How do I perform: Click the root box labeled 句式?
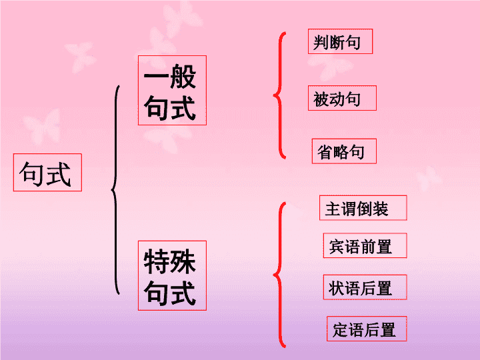(x=47, y=173)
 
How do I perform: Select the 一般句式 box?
(x=173, y=90)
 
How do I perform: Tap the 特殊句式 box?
(x=173, y=275)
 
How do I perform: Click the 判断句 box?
(x=340, y=41)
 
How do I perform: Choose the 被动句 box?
(x=342, y=98)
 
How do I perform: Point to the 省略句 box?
(x=344, y=151)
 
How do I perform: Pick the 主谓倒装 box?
(x=363, y=208)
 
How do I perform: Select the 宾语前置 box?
(x=365, y=245)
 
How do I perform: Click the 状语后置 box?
(x=365, y=287)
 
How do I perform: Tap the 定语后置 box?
(x=367, y=329)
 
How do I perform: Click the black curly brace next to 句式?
(x=115, y=190)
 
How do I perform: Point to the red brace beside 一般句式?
(x=279, y=95)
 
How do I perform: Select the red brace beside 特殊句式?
(x=279, y=275)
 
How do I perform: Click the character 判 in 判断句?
(x=321, y=42)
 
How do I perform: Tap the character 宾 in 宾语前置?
(x=337, y=247)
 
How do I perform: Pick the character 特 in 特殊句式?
(x=157, y=261)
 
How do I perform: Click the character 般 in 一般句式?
(x=183, y=77)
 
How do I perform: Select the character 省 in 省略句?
(x=325, y=152)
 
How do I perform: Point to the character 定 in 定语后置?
(x=340, y=330)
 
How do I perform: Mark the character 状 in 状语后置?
(x=337, y=288)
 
